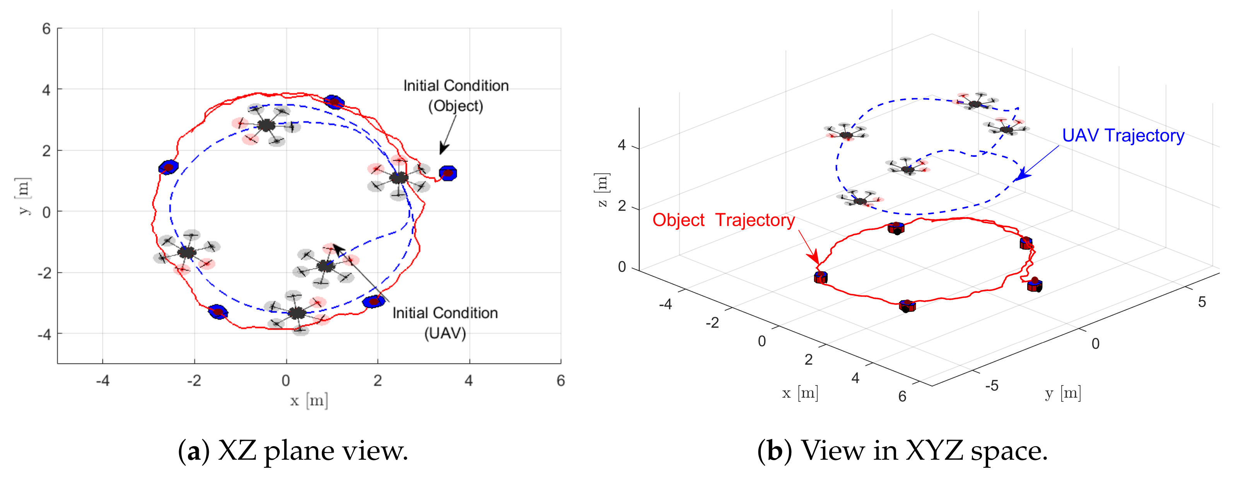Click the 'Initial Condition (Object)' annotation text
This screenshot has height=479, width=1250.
[x=456, y=95]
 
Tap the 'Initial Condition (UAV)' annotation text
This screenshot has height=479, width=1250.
[x=445, y=323]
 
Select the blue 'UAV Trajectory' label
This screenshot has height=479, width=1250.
[x=1123, y=136]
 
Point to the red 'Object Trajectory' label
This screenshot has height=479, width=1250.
[x=723, y=220]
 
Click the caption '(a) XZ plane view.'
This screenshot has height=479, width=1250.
[x=293, y=451]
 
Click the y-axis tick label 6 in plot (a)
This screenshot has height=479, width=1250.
[x=46, y=29]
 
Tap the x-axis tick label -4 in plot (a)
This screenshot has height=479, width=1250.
[x=102, y=381]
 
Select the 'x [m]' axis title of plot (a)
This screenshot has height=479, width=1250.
[x=309, y=401]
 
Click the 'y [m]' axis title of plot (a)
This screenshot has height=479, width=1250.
[x=24, y=196]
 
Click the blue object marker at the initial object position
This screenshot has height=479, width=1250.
[x=448, y=173]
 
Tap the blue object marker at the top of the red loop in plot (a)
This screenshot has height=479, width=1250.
[x=334, y=102]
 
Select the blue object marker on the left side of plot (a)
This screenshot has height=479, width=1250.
[x=168, y=167]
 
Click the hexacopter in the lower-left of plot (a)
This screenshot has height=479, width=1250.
[x=187, y=252]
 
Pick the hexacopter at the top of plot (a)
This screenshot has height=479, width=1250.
[x=266, y=126]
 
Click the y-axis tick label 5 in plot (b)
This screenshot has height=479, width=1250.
[x=1202, y=302]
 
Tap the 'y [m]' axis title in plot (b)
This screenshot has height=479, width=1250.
[x=1063, y=393]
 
